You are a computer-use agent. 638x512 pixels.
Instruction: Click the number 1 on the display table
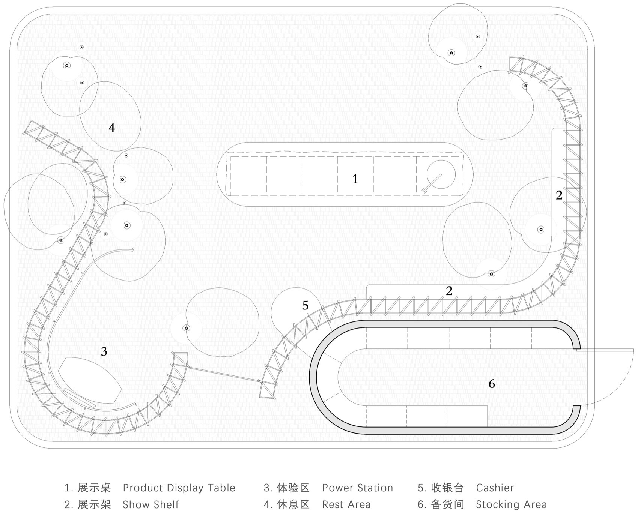pos(355,179)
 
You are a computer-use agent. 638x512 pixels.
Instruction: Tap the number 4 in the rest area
pos(111,128)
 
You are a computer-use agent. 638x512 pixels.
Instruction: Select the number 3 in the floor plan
pos(104,351)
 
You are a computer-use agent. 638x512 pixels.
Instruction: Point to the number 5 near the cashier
pos(305,306)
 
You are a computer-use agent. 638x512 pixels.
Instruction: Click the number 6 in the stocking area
pos(492,384)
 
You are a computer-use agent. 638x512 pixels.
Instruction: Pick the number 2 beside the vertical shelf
pos(559,195)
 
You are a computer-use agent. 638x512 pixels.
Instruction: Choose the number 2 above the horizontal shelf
pos(449,291)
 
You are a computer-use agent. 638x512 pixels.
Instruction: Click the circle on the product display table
pos(441,174)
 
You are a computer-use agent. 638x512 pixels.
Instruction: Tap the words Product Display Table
pos(179,488)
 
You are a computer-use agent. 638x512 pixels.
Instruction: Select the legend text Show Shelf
pos(151,505)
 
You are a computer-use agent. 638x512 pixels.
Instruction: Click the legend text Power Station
pos(358,488)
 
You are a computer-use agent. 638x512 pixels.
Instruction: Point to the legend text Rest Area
pos(346,505)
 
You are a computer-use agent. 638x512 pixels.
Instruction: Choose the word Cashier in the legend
pos(495,488)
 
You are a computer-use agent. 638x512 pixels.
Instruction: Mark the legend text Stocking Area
pos(512,505)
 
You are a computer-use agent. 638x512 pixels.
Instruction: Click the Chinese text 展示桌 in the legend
pos(94,488)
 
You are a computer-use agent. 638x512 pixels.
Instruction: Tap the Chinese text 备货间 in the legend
pos(447,505)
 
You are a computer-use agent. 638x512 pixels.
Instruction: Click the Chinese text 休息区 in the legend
pos(293,505)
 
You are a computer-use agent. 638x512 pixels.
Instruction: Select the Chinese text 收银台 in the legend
pos(447,488)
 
